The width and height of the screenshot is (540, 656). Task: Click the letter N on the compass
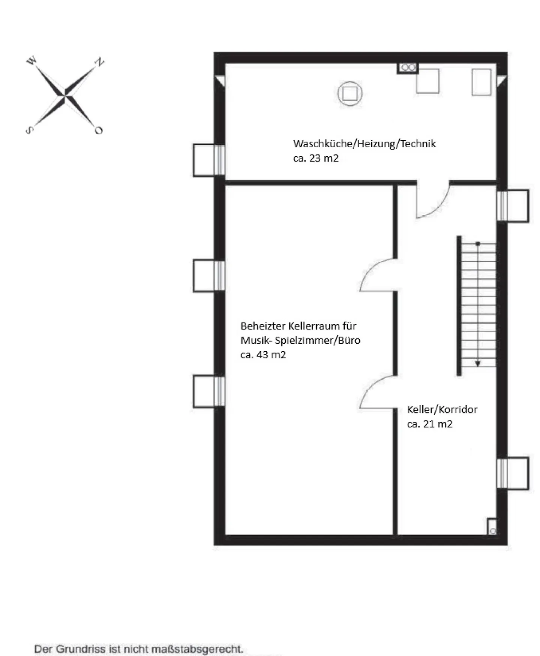(99, 62)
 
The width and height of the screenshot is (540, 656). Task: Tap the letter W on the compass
(32, 60)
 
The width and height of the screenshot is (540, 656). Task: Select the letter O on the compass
(98, 130)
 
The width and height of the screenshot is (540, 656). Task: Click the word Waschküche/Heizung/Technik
(364, 144)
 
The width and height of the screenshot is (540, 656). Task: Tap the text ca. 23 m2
(316, 158)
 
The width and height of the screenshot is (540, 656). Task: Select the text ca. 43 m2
(263, 355)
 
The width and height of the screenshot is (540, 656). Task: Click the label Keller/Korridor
(442, 410)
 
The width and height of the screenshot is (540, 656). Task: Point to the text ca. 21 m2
(430, 424)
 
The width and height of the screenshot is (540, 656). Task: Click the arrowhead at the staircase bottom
(478, 364)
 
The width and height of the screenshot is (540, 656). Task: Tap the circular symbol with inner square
(350, 93)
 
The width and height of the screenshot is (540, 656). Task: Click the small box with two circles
(408, 68)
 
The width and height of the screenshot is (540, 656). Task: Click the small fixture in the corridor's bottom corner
(492, 527)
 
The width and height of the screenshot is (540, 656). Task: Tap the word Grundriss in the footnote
(81, 649)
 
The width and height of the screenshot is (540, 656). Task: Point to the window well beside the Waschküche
(209, 160)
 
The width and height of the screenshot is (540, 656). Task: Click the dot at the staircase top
(478, 244)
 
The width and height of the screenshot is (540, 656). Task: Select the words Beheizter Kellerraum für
(298, 326)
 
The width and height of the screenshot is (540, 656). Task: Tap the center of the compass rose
(65, 96)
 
